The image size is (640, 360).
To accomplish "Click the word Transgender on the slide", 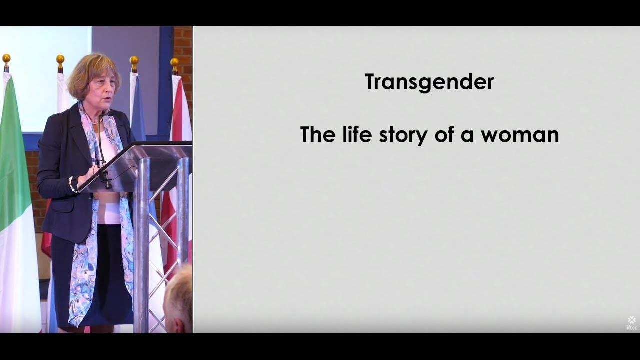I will pos(429,82).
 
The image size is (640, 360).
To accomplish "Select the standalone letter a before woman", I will pos(467,136).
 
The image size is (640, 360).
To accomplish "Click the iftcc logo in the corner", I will pos(632,322).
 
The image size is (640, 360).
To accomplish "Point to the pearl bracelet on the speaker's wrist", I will pos(73,184).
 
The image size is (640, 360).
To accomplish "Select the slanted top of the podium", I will pos(135,165).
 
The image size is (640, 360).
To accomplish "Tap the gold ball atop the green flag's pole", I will pos(6,58).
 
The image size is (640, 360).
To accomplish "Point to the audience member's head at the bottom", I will pos(179,300).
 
